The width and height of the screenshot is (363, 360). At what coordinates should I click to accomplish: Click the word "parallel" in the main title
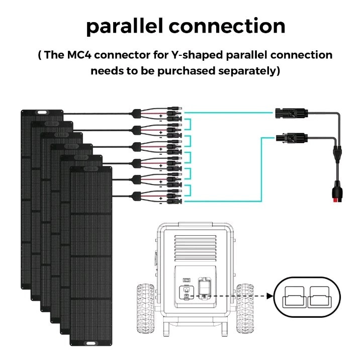tap(124, 26)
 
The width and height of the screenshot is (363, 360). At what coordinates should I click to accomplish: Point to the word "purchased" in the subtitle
tap(187, 71)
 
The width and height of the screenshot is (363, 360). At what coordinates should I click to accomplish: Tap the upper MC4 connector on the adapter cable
tap(291, 114)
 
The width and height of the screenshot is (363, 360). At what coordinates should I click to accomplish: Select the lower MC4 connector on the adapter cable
tap(291, 138)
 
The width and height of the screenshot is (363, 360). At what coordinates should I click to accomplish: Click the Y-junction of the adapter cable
tap(337, 153)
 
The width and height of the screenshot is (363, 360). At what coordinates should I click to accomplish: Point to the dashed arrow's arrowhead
tap(270, 296)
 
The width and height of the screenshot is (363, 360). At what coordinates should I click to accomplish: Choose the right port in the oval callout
tap(319, 297)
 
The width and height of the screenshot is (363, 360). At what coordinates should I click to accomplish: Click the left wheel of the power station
tap(146, 309)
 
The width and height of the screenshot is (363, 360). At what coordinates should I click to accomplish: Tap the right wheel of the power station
tap(245, 309)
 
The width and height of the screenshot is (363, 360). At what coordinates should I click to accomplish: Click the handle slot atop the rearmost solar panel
tap(42, 113)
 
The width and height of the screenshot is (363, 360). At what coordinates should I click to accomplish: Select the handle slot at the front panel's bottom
tap(90, 343)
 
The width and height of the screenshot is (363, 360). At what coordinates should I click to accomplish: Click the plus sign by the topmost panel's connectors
tap(161, 115)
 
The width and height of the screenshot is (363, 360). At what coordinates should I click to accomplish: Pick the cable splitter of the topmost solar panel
tap(136, 114)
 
